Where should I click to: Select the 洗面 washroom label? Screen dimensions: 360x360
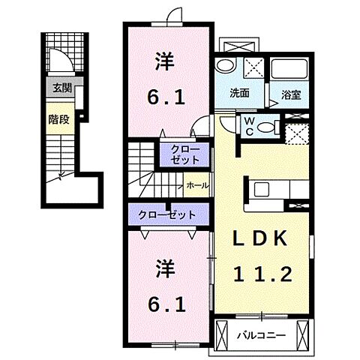click(x=240, y=94)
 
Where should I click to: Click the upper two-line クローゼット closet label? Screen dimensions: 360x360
click(x=180, y=154)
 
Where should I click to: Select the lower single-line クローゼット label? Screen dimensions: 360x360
click(x=166, y=214)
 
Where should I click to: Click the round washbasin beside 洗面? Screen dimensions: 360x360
click(x=226, y=67)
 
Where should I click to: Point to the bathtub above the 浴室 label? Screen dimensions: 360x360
click(x=290, y=70)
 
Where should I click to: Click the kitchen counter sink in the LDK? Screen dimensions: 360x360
click(x=264, y=187)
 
